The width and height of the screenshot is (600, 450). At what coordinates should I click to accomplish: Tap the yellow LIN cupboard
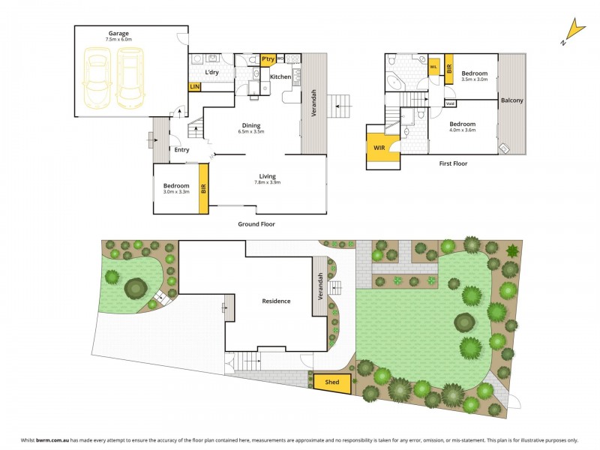click(x=194, y=87)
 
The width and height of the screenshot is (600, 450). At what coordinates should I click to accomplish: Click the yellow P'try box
click(x=268, y=59)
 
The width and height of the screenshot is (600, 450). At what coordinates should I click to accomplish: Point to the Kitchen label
click(x=280, y=77)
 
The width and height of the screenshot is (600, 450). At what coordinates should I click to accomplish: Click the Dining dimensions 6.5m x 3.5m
click(x=251, y=132)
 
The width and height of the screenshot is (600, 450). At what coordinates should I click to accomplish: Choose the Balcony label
click(x=512, y=100)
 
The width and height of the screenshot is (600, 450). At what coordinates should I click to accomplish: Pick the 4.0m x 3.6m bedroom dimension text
click(x=463, y=130)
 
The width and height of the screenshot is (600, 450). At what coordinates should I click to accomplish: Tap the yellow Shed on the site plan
click(x=331, y=382)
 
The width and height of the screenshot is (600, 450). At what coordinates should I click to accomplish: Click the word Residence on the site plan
click(x=276, y=301)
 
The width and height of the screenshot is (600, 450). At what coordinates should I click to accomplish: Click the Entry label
click(x=181, y=150)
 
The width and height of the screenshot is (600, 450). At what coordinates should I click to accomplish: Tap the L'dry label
click(x=212, y=72)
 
